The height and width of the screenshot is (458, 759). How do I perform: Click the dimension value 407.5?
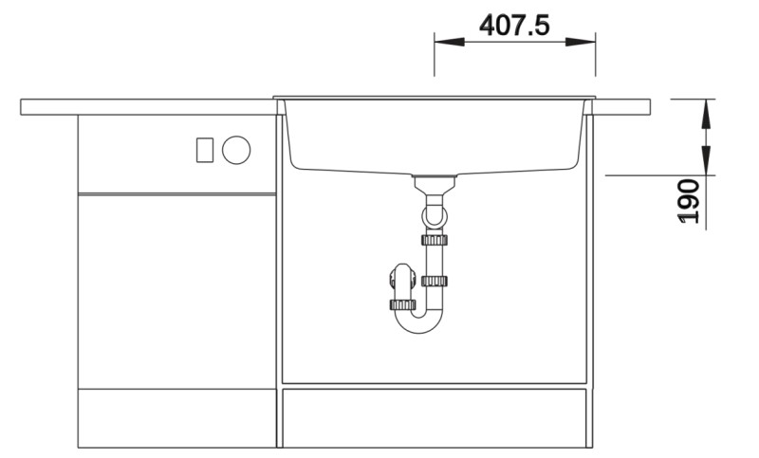[x=514, y=26]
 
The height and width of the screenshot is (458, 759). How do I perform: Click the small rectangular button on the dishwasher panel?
[x=204, y=149]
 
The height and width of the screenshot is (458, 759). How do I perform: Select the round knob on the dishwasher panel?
[x=235, y=149]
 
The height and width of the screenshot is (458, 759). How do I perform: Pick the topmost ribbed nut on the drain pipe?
[x=435, y=239]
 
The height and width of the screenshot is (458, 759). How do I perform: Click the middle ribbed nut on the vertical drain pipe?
[x=435, y=281]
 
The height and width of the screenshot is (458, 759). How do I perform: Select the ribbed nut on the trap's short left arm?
[x=403, y=305]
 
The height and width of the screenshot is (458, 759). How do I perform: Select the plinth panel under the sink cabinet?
[x=434, y=417]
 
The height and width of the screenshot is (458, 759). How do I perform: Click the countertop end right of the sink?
[x=622, y=106]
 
